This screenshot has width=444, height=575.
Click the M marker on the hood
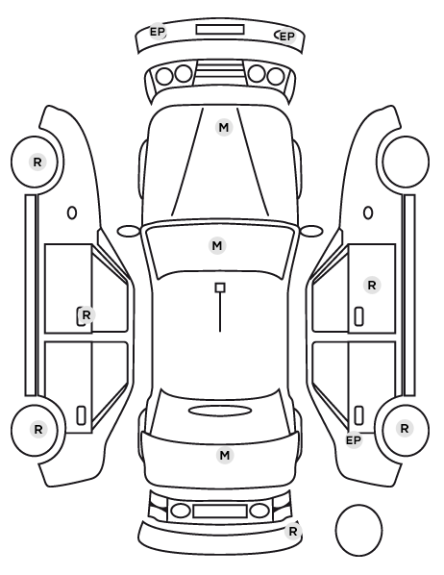(224, 128)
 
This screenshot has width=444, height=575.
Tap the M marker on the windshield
(217, 245)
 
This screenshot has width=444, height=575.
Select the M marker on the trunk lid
(225, 455)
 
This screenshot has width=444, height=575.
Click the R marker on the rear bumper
(292, 531)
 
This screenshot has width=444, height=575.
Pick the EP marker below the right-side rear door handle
(354, 439)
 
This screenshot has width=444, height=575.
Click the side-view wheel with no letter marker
(406, 162)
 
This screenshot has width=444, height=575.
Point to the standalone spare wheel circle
(358, 530)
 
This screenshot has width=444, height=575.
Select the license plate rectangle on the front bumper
(220, 30)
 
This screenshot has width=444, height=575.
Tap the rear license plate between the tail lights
(220, 512)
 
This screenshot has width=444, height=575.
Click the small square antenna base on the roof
(220, 287)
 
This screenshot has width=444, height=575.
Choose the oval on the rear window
(220, 411)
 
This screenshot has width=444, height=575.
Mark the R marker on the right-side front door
(371, 286)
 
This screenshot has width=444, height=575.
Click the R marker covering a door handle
(86, 315)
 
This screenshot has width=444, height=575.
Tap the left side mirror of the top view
(129, 232)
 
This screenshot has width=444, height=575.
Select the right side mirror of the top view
(311, 232)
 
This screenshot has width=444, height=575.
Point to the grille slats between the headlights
(220, 71)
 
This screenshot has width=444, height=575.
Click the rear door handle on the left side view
(81, 415)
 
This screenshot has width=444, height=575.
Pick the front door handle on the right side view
(358, 316)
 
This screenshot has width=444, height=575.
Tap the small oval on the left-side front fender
(72, 213)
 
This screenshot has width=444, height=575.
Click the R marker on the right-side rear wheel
(404, 428)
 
